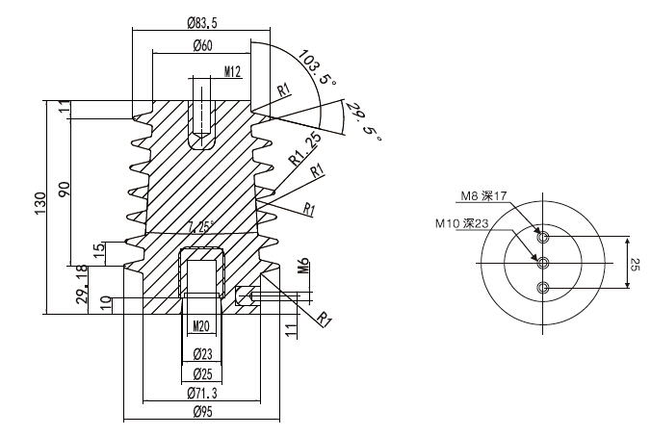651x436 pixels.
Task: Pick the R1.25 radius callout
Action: tap(303, 149)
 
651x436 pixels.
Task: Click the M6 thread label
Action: tap(302, 268)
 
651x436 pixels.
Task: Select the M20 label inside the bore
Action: tap(201, 324)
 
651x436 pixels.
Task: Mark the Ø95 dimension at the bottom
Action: tap(202, 412)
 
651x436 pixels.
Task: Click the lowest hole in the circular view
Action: tap(544, 287)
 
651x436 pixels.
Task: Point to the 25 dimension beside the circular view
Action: tap(634, 263)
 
